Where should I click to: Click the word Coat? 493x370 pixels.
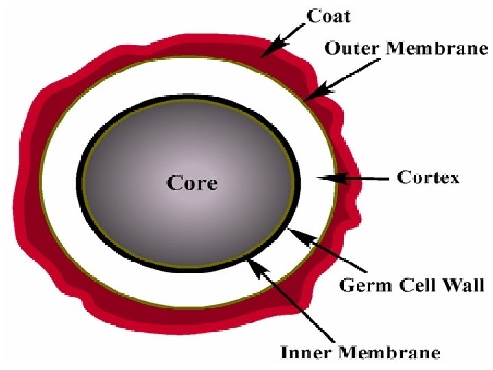pos(329,16)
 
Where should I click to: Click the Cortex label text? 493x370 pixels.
pos(428,177)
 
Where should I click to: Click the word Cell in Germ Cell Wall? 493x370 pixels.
pos(416,285)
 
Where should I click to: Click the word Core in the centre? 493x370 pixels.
pos(192,183)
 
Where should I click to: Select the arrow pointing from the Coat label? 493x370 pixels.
pos(283,40)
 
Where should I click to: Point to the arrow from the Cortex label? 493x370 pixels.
pos(353,179)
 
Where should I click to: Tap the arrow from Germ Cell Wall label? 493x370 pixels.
pos(327,250)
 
